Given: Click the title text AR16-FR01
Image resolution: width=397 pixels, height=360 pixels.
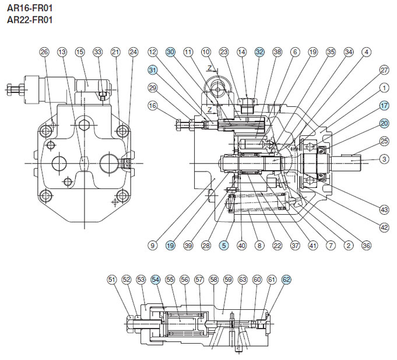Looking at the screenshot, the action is (x=30, y=8).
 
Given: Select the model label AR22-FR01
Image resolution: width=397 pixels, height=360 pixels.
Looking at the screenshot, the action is (x=30, y=19).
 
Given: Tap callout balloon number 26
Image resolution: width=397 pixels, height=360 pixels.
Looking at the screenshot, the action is (x=44, y=52).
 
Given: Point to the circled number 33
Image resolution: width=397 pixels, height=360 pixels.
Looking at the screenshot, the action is (x=98, y=52).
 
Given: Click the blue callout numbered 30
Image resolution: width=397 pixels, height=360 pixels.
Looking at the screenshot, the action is (x=170, y=52).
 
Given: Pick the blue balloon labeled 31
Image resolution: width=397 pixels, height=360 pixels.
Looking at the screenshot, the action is (x=152, y=69).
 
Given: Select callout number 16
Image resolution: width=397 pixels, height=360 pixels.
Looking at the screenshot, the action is (x=152, y=106).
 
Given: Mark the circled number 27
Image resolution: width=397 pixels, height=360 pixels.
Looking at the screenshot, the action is (x=384, y=70).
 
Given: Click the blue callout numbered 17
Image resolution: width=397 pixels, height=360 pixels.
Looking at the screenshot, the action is (x=384, y=106).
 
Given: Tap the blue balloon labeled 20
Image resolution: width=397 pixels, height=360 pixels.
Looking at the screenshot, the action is (x=384, y=123).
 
